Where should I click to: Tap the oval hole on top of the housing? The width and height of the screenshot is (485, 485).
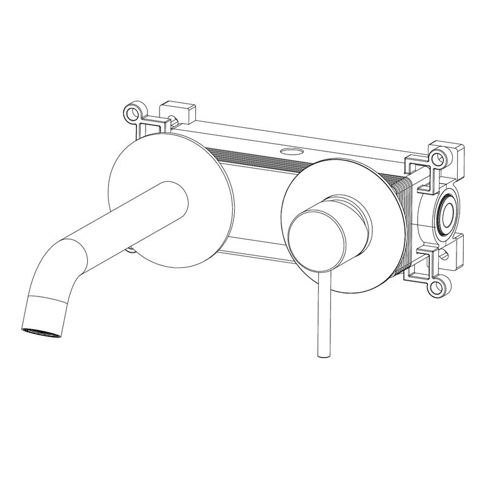(x=292, y=149)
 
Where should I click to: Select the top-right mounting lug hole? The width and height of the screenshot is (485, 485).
(x=440, y=157)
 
